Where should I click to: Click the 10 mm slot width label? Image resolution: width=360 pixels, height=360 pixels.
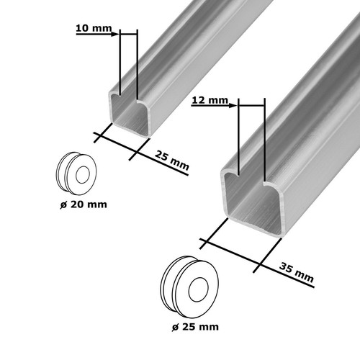[94, 28]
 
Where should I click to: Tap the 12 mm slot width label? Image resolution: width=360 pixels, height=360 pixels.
[210, 100]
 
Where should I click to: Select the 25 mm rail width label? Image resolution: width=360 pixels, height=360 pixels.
[172, 161]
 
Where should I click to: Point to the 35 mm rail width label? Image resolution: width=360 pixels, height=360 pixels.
[297, 273]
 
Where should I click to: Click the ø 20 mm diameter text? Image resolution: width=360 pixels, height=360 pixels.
[84, 204]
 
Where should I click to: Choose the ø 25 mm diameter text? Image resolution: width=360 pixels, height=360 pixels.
[195, 327]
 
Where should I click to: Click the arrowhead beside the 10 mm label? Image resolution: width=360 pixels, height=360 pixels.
[115, 34]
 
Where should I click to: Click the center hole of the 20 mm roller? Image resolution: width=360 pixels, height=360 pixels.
[83, 174]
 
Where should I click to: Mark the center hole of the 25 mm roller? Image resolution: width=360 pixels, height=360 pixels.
[198, 289]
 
